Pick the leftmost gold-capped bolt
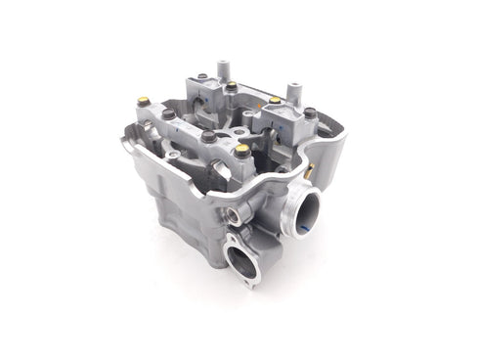[x=144, y=100]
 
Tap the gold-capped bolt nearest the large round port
[x=241, y=150]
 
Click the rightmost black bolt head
[x=309, y=113]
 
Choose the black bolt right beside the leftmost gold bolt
[x=168, y=113]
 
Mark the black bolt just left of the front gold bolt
[x=208, y=137]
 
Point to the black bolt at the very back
[x=201, y=76]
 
